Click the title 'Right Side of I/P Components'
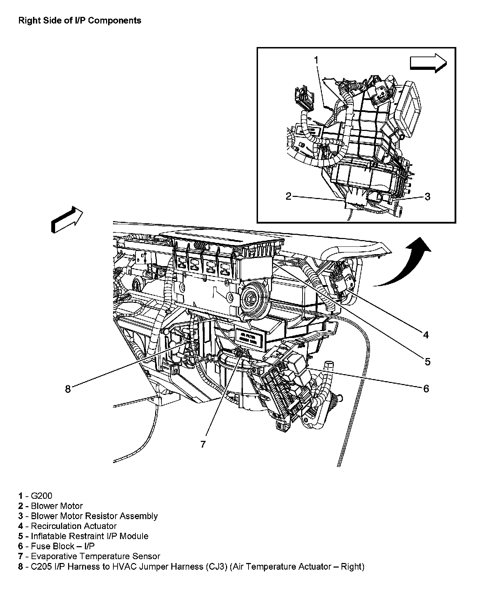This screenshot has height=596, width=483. point(80,21)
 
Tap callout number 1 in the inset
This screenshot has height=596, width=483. point(316,60)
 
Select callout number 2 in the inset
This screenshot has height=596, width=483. point(288,196)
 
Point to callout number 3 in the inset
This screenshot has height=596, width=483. point(427,197)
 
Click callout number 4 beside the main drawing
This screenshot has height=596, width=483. point(425,335)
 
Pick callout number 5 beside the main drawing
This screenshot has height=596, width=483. point(427,361)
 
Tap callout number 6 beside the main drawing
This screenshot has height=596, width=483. point(426,389)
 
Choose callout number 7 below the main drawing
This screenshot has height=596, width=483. point(203,444)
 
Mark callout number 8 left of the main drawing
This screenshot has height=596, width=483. point(68,389)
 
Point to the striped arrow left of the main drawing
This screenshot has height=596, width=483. point(67,219)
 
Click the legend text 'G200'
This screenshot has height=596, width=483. point(41,496)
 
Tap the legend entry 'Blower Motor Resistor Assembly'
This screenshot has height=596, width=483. point(94,516)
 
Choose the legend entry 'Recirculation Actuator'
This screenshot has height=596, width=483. point(74,526)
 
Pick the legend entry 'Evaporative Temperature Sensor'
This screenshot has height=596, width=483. point(95,556)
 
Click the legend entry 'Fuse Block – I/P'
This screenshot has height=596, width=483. point(63,546)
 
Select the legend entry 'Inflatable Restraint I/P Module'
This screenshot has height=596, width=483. point(90,536)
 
